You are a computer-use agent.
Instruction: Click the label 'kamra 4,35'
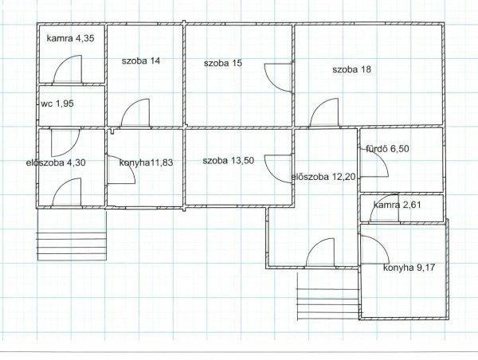70,38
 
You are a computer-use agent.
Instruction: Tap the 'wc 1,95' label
57,104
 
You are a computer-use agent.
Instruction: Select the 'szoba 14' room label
141,61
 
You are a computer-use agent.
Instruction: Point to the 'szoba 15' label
223,63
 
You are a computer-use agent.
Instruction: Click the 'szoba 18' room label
352,69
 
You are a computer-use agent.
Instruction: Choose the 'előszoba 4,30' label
56,162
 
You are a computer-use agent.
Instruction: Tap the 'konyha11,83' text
146,162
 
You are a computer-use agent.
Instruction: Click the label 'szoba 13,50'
229,160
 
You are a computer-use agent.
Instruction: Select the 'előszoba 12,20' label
323,177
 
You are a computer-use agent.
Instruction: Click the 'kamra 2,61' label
397,205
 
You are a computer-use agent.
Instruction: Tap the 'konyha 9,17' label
409,268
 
